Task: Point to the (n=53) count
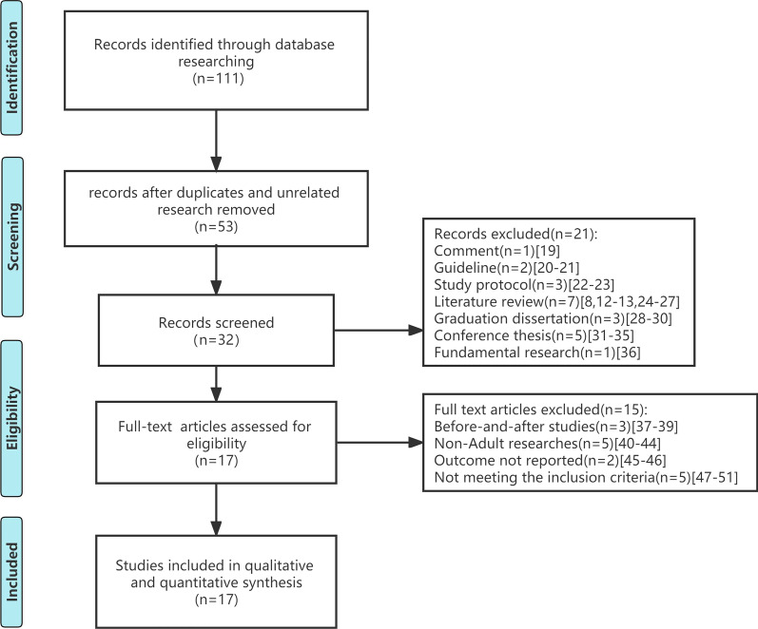(x=218, y=229)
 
